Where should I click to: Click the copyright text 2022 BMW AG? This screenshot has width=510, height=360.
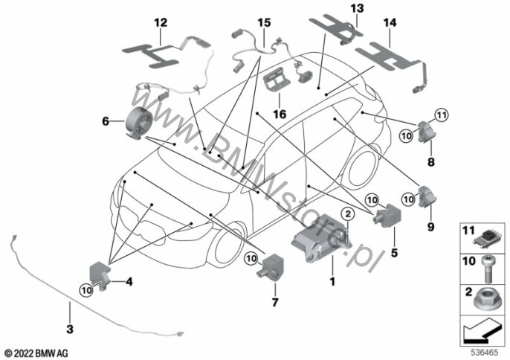pos(35,350)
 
